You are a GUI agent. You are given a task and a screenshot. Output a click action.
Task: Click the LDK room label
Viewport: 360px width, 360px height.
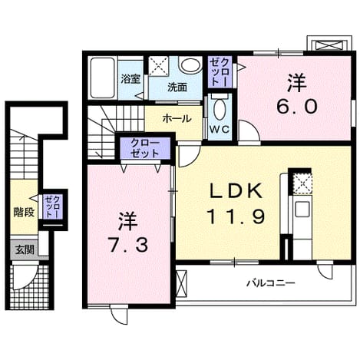point(236,191)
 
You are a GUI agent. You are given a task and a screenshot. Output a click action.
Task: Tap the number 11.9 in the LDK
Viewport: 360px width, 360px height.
point(236,216)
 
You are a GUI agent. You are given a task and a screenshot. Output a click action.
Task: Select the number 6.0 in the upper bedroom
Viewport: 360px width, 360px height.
point(297,107)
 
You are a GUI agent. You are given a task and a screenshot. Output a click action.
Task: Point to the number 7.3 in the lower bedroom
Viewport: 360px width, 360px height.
point(128,244)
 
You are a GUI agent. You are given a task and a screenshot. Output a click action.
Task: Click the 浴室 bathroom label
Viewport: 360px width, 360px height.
point(130,79)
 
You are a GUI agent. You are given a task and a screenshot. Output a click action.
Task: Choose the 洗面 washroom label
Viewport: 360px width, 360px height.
point(177,88)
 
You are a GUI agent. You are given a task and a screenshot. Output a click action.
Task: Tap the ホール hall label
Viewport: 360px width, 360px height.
point(177,118)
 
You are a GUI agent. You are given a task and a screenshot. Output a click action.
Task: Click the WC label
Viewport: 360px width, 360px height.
point(220,130)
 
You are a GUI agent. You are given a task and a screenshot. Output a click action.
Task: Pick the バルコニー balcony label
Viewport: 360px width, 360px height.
point(271,283)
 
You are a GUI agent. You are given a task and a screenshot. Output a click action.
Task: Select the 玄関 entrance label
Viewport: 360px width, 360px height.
point(25,249)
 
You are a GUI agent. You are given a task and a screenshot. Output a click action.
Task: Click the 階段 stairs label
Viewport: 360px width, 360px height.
point(24,212)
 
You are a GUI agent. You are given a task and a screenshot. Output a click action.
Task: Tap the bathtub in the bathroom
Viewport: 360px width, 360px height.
point(102,78)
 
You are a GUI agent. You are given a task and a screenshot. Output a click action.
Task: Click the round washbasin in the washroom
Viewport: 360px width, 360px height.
point(190,64)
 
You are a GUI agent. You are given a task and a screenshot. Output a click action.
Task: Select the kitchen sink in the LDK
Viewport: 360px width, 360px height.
point(302,209)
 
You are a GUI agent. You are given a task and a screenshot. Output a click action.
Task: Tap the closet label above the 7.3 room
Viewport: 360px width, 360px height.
point(145,148)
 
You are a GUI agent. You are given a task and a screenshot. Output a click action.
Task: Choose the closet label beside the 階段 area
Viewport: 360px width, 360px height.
point(53,206)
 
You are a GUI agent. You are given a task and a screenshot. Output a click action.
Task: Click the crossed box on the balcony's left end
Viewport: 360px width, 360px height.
point(182,283)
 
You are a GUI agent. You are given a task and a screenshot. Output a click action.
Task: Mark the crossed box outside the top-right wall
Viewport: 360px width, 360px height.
point(329,45)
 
